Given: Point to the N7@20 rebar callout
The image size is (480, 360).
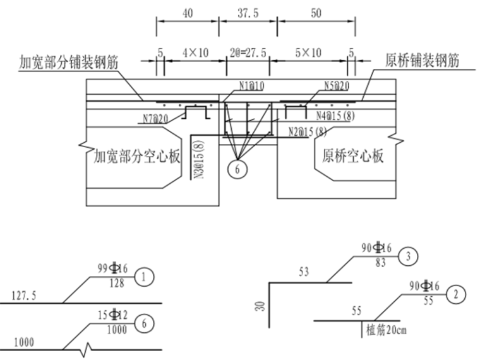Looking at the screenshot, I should pyautogui.click(x=157, y=118).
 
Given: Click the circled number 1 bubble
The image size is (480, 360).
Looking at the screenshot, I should pyautogui.click(x=145, y=276).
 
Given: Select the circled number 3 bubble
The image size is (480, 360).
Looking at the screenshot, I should pyautogui.click(x=408, y=256).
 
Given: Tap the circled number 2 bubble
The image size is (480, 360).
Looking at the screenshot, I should pyautogui.click(x=455, y=294).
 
